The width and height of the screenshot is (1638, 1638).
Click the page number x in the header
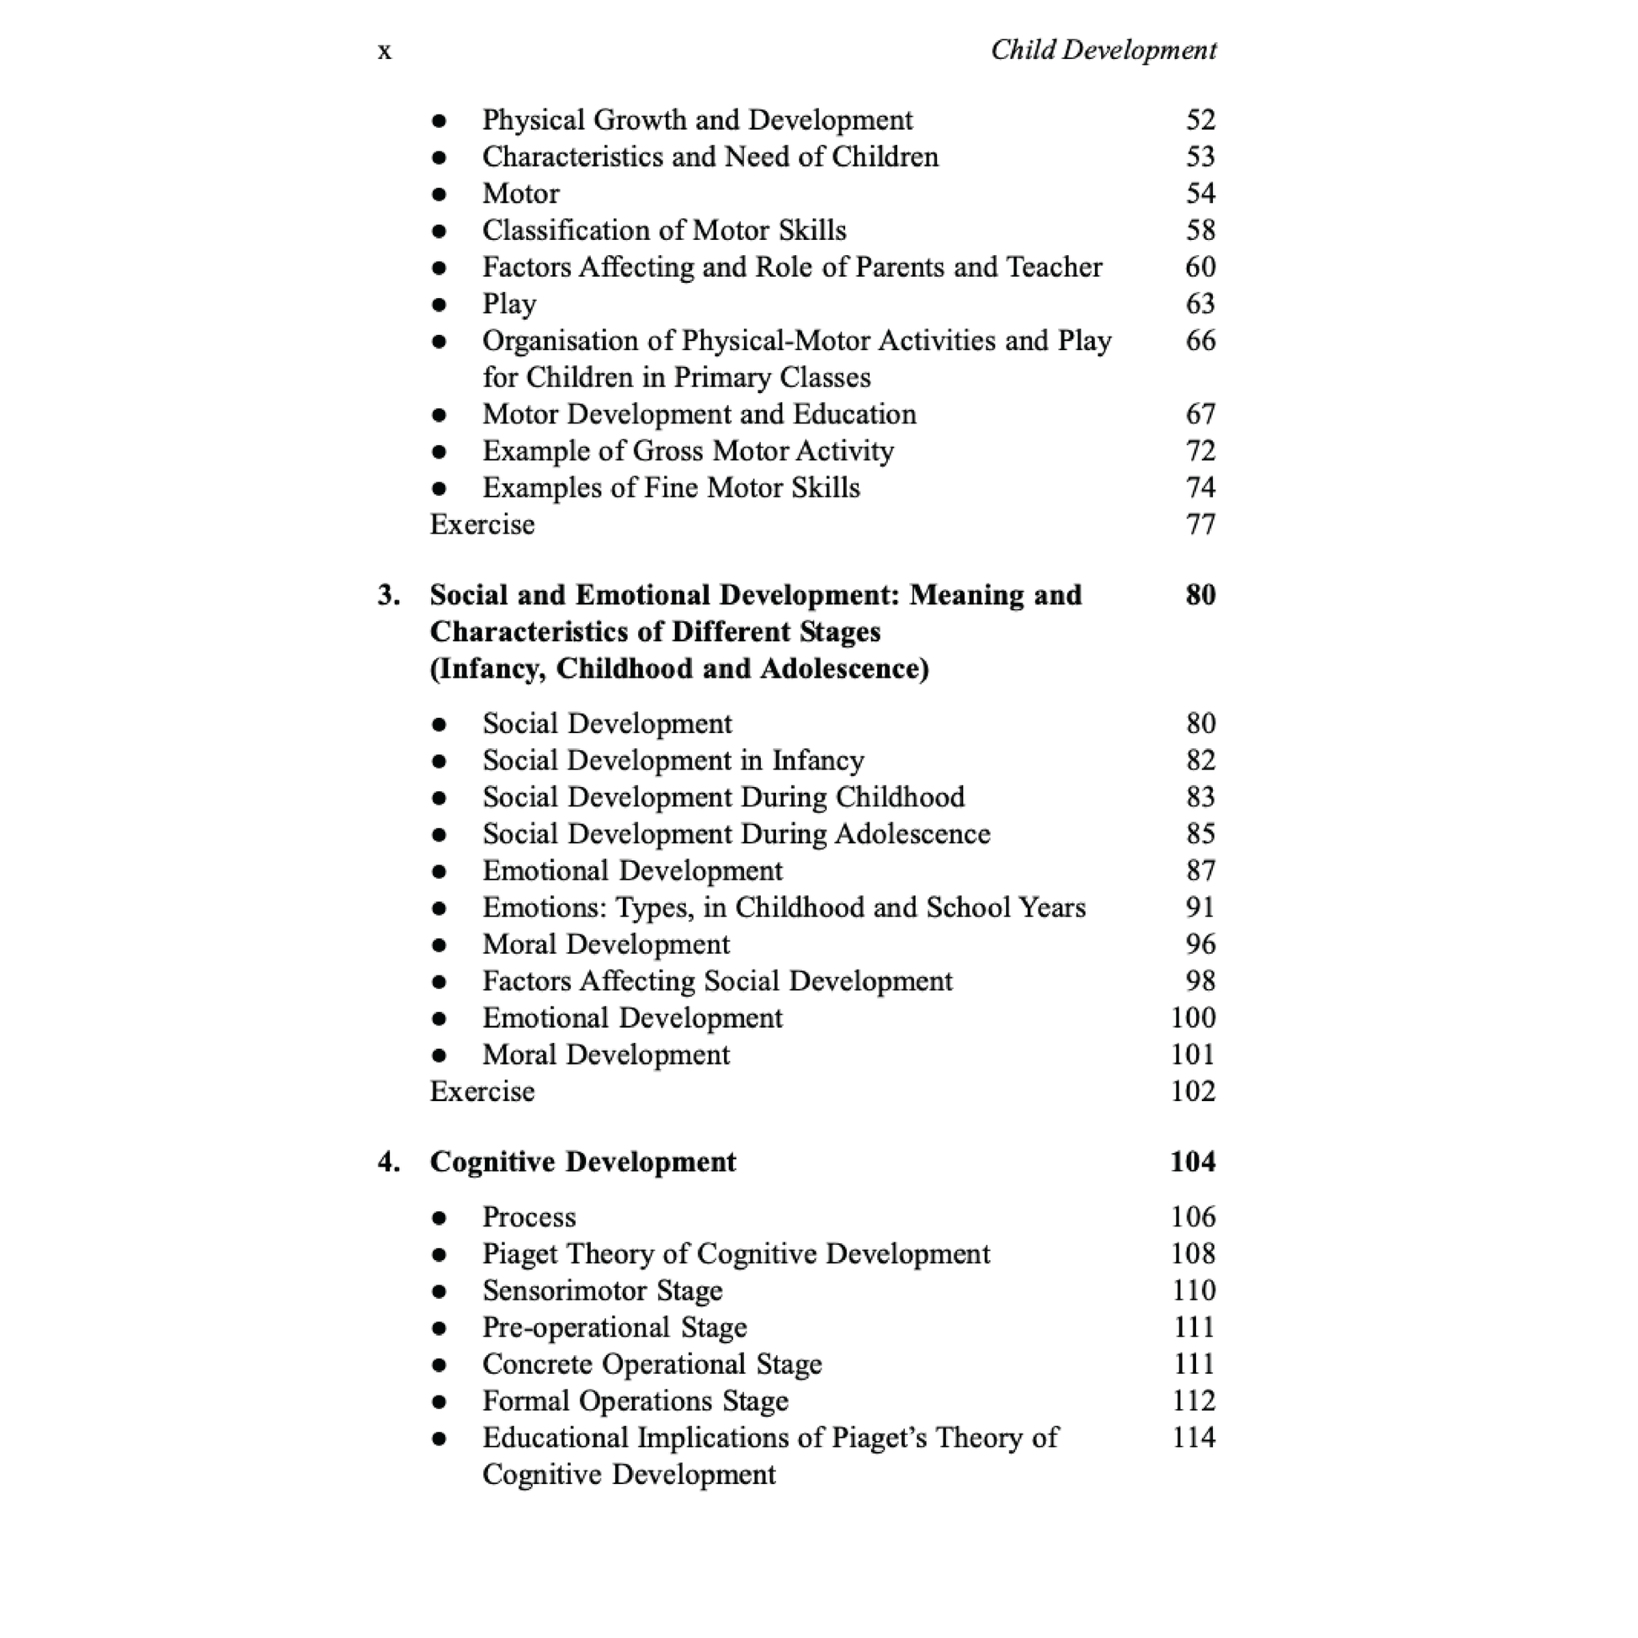tap(384, 52)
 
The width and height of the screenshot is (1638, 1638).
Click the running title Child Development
tap(1103, 51)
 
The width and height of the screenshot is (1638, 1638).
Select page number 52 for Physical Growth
tap(1199, 120)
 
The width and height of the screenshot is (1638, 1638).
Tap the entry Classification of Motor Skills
tap(664, 231)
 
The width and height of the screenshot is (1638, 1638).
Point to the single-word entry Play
tap(508, 305)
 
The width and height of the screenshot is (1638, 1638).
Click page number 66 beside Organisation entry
tap(1199, 341)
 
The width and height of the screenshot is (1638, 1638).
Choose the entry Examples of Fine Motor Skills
tap(671, 488)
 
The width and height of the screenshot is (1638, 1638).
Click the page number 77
tap(1199, 524)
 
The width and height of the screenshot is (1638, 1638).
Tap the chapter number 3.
tap(388, 595)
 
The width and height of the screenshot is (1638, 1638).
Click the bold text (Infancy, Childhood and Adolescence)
tap(679, 669)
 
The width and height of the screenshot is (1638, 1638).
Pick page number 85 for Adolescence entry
tap(1199, 834)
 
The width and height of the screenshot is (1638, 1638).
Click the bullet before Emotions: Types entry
tap(439, 909)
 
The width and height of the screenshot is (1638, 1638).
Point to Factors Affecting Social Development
tap(717, 981)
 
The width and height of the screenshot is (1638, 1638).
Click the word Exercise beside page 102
tap(482, 1092)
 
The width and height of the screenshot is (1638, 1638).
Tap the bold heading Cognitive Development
tap(582, 1162)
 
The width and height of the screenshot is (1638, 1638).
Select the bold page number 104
tap(1192, 1162)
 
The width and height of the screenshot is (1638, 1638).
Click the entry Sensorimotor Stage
tap(602, 1291)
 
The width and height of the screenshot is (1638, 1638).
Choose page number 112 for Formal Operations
tap(1193, 1401)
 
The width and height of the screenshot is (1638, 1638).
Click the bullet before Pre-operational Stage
tap(439, 1328)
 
